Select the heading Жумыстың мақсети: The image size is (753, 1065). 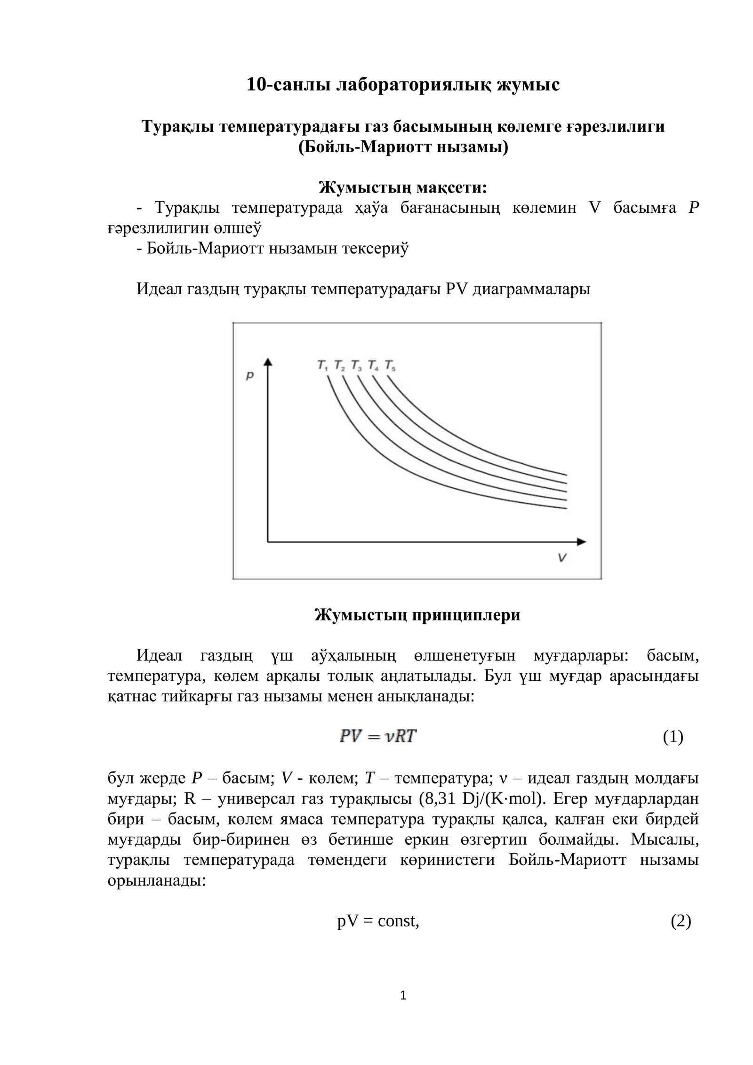(x=403, y=187)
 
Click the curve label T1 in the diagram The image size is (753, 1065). (x=322, y=365)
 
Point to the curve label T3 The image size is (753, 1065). (x=356, y=365)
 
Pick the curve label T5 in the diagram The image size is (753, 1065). (x=390, y=365)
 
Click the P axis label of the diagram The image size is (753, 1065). (x=250, y=375)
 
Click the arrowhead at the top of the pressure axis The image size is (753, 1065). (x=268, y=362)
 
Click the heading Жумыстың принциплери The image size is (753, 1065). (x=417, y=615)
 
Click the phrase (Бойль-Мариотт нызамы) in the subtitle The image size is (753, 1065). (x=403, y=147)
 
